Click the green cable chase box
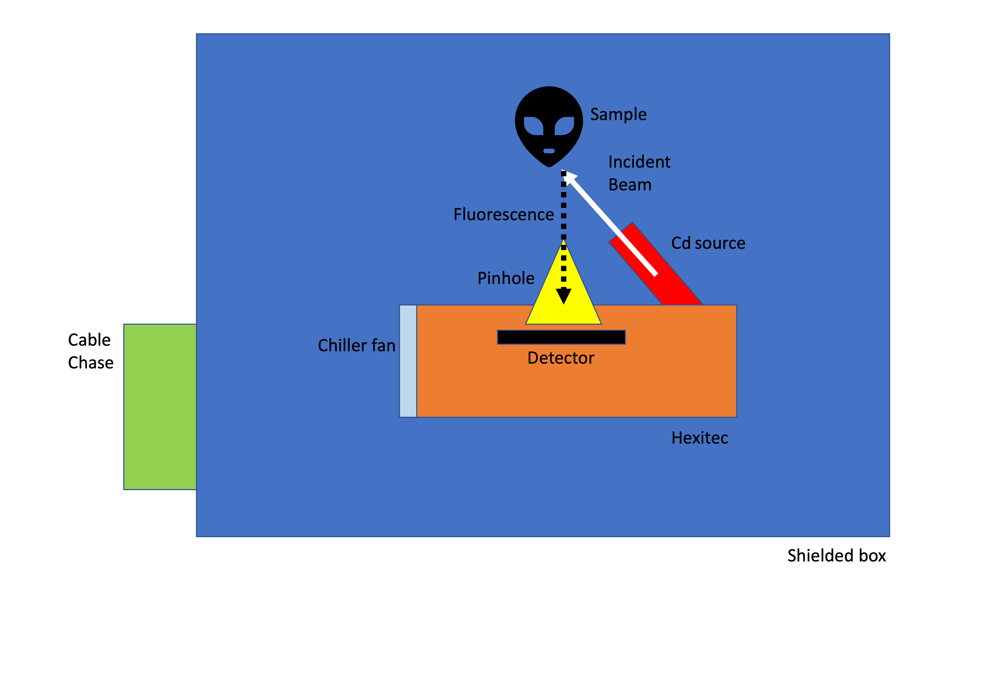pos(160,406)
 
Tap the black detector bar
pos(561,337)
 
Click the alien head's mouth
pos(549,151)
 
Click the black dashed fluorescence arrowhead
pos(563,296)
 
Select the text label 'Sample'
pos(618,115)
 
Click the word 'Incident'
pos(639,162)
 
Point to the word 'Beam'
pos(629,185)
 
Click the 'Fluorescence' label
pos(503,214)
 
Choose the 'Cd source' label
pos(708,243)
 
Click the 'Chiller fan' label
pos(356,345)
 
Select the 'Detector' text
pos(561,358)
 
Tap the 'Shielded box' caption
pos(836,555)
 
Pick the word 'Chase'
pos(90,362)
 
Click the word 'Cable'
pos(89,340)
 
